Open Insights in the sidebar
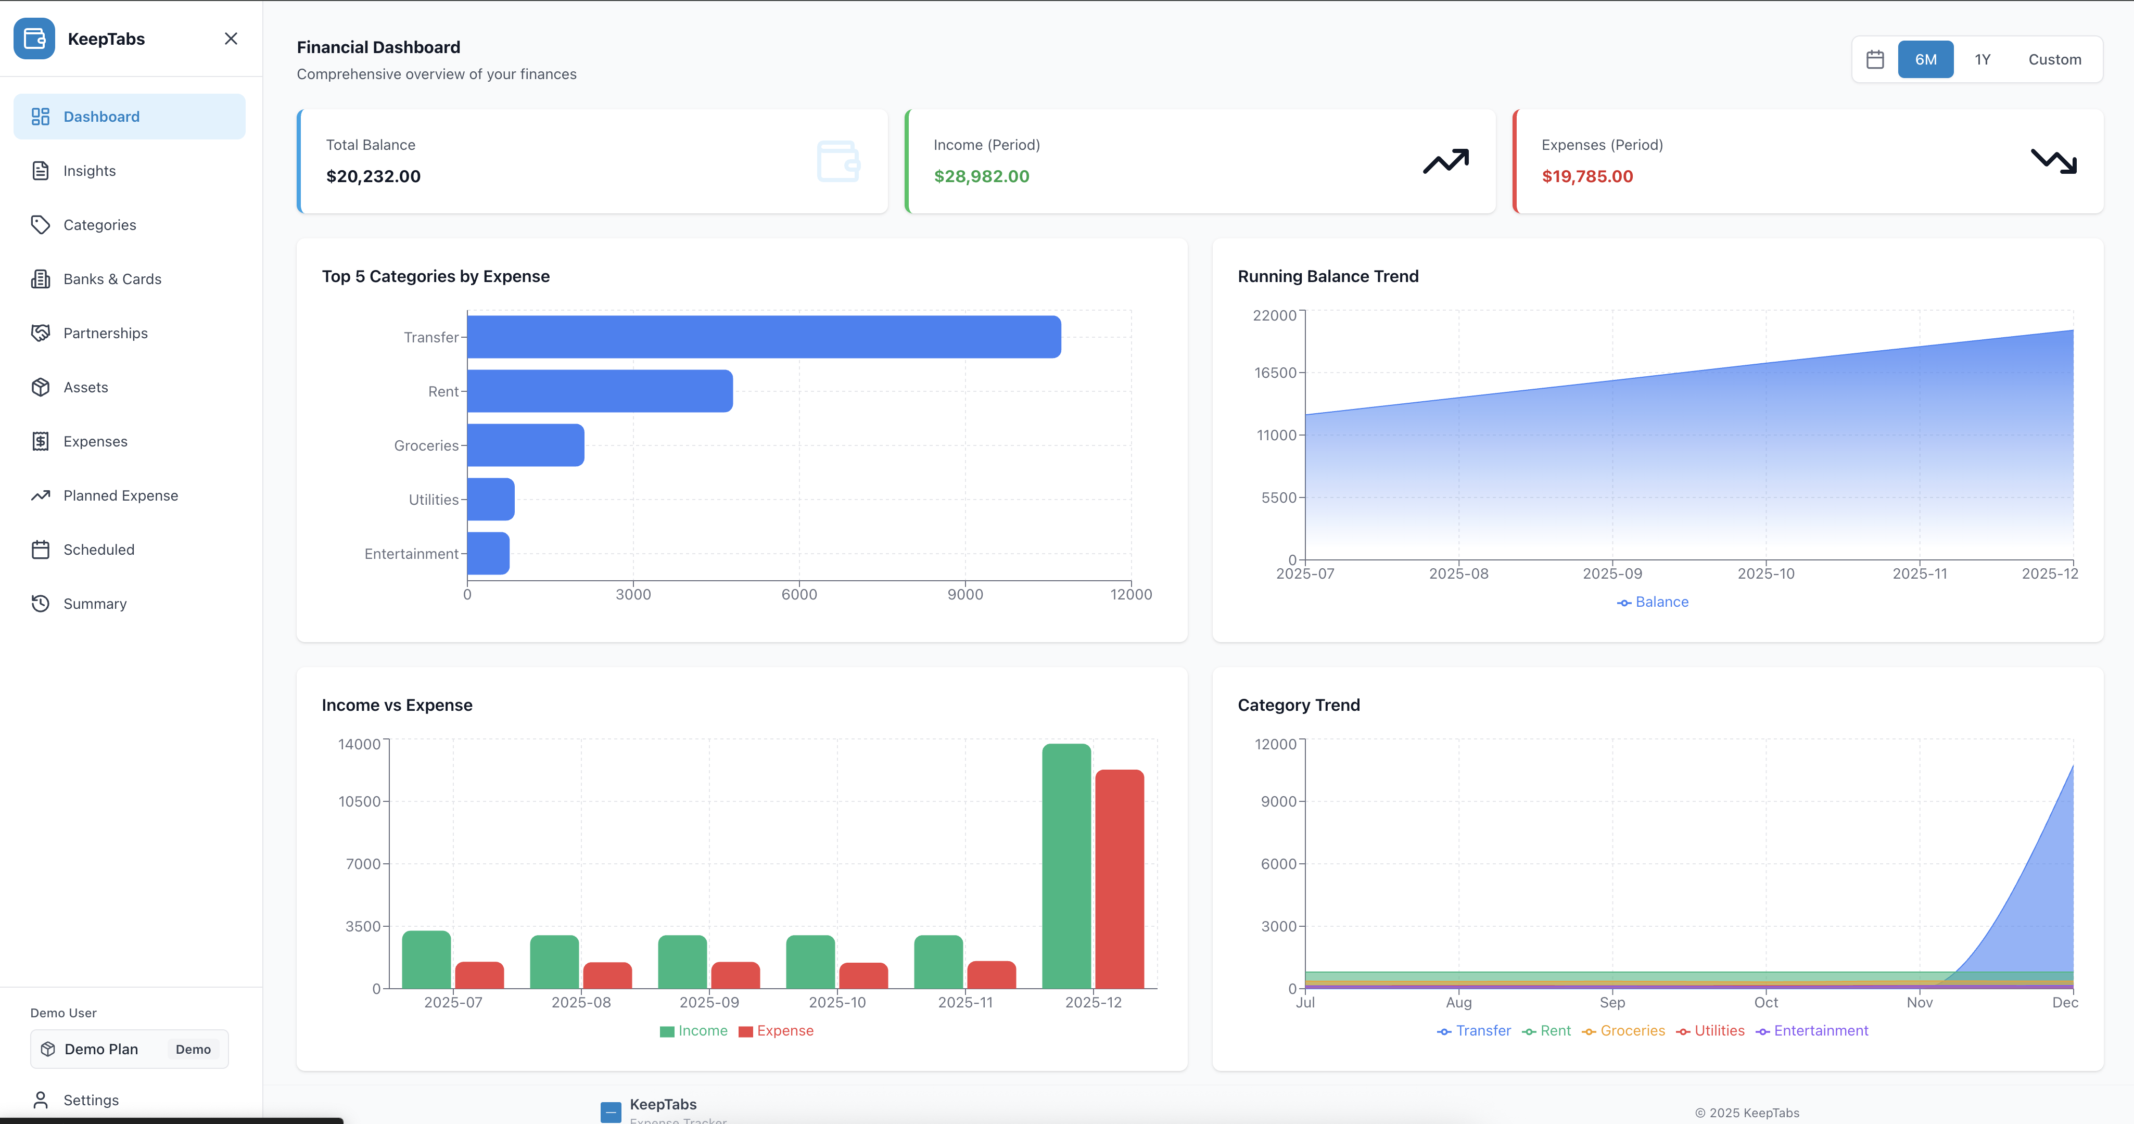[90, 171]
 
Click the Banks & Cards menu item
[112, 279]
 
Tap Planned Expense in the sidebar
[120, 495]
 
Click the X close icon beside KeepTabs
[231, 39]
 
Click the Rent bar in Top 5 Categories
[599, 391]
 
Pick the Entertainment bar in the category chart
[488, 553]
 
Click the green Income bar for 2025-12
[1066, 865]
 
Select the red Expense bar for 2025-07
[479, 975]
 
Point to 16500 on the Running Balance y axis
[1274, 373]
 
